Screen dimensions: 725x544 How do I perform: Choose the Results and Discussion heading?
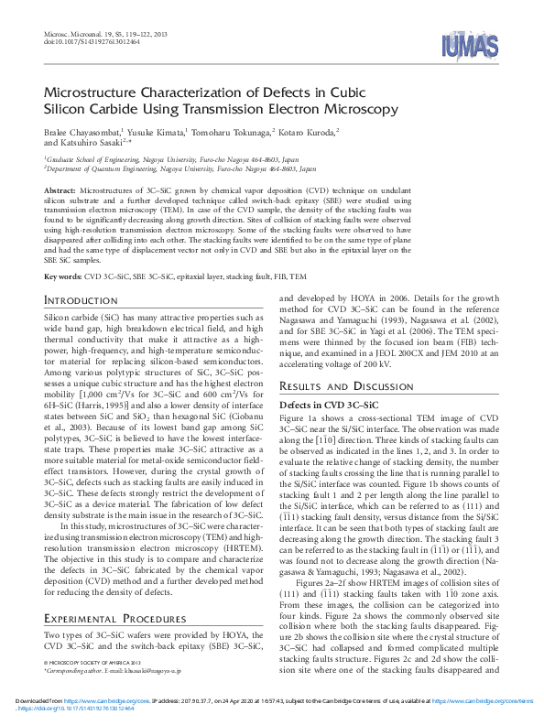(x=343, y=386)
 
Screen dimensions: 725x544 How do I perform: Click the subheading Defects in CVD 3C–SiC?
(x=328, y=404)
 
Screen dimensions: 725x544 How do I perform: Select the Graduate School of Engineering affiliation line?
(x=165, y=158)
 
